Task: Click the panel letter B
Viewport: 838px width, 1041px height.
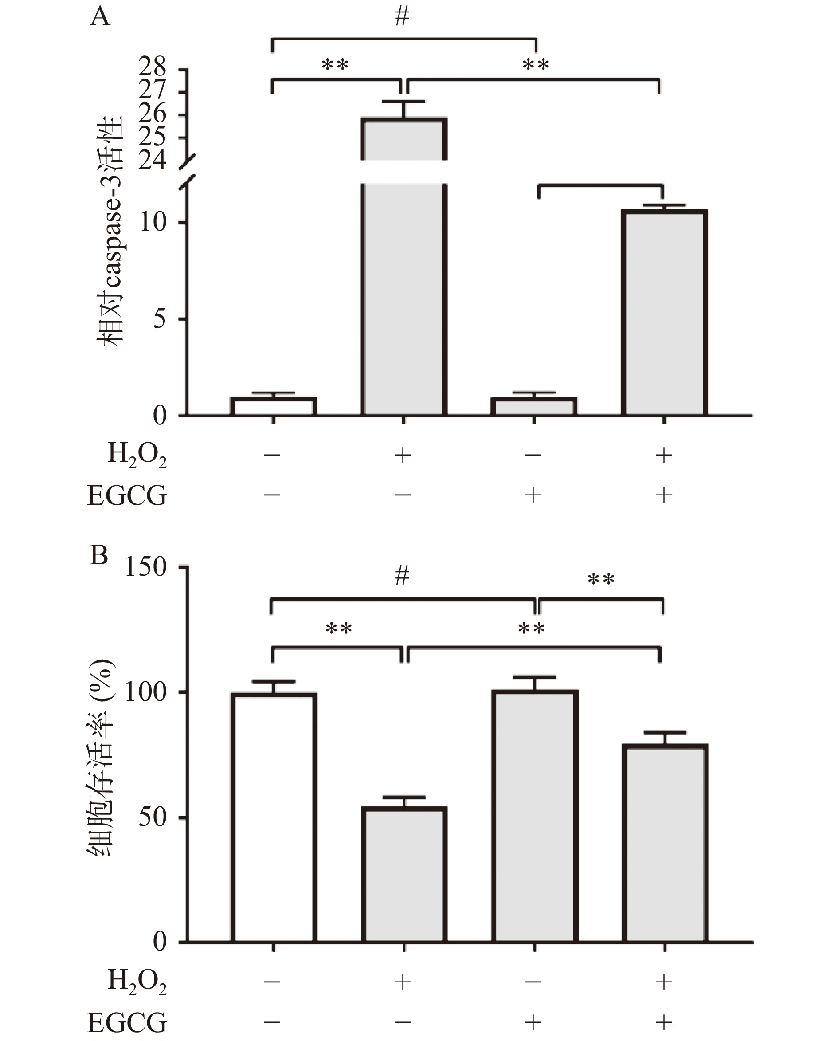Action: pyautogui.click(x=99, y=555)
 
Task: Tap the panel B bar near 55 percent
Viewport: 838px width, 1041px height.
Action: pyautogui.click(x=404, y=874)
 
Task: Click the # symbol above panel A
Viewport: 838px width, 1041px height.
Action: pyautogui.click(x=402, y=16)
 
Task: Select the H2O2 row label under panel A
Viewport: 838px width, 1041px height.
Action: pyautogui.click(x=137, y=455)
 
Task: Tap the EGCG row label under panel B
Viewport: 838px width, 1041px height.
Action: pyautogui.click(x=127, y=1022)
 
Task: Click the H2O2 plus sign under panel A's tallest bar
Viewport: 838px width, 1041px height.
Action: pyautogui.click(x=403, y=455)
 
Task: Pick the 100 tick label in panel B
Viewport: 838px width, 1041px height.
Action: pyautogui.click(x=146, y=692)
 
